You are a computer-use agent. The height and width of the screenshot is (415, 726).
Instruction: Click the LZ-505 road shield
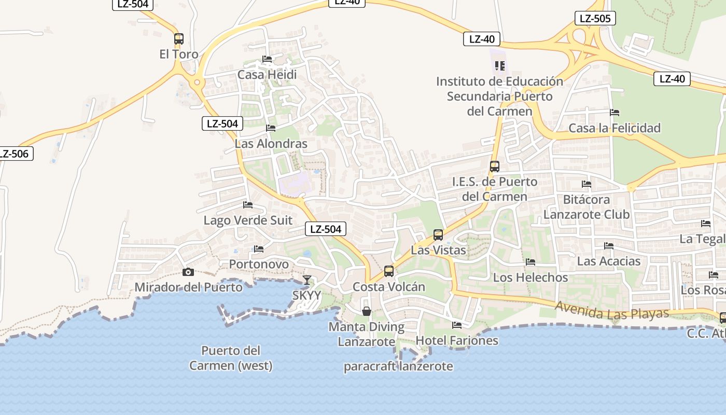595,19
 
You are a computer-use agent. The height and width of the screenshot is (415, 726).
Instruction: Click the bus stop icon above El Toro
179,39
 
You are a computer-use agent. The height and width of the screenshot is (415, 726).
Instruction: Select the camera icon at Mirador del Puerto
188,272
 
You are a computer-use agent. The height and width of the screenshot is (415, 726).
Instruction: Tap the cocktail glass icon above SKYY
307,280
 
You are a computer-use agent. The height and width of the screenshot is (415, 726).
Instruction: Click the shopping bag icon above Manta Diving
367,311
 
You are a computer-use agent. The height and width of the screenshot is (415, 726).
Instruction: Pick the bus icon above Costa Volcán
388,271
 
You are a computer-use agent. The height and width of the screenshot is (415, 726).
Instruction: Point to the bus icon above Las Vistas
438,235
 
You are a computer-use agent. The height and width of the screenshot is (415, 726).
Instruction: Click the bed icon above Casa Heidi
267,59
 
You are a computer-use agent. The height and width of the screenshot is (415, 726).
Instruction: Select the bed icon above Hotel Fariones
457,325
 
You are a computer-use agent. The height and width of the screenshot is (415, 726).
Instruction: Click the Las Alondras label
271,144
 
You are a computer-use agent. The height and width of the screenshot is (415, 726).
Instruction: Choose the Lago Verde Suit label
248,220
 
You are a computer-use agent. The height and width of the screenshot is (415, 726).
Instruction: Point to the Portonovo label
259,264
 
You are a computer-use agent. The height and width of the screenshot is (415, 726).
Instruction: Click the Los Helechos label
530,278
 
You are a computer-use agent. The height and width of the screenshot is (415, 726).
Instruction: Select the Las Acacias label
609,261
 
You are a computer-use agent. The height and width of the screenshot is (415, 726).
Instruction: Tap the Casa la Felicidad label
615,128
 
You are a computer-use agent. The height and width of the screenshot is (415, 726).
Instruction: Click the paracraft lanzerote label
398,366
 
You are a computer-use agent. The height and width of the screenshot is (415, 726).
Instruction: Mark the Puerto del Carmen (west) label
231,358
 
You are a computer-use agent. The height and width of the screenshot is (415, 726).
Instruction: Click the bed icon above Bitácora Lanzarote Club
587,184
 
